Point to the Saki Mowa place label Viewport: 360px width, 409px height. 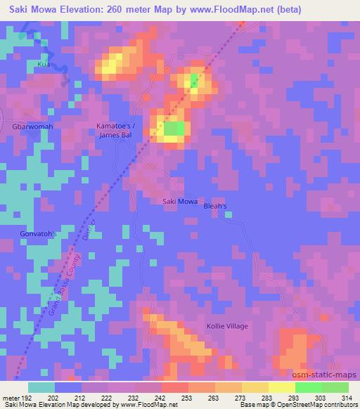pos(180,202)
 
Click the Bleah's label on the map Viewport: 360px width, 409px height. pos(215,207)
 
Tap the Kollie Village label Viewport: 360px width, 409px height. pos(227,326)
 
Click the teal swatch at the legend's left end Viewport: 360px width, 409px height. pos(41,387)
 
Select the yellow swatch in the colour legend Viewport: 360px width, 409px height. pos(255,387)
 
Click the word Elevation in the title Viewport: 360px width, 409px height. pos(76,9)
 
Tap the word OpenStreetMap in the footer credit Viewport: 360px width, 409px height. pos(297,405)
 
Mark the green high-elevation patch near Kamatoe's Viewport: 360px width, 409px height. pos(174,129)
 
